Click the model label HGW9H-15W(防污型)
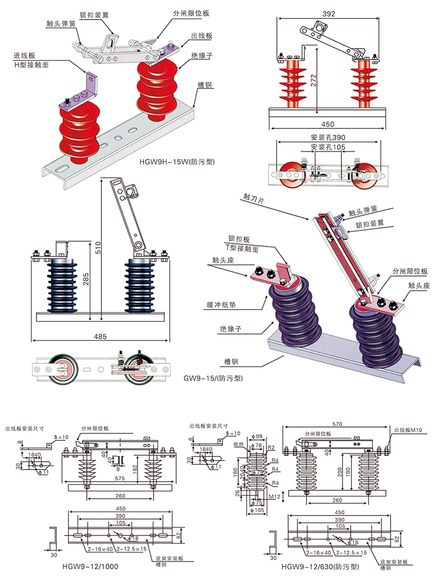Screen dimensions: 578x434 [177, 162]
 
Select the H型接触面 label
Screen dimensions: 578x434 [31, 65]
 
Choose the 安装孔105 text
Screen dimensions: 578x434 [328, 148]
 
